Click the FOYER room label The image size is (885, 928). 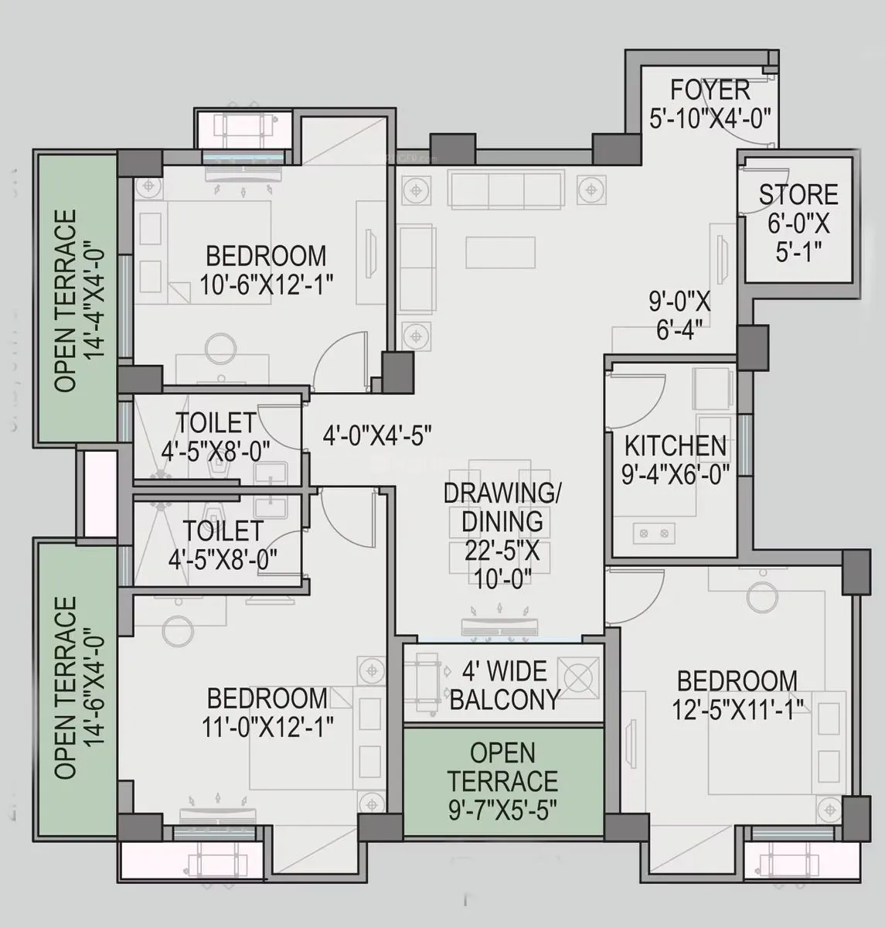710,90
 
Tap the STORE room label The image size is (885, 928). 798,195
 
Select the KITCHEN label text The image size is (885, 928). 675,446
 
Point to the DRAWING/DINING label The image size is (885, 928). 502,507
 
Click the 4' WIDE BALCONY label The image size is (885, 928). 504,685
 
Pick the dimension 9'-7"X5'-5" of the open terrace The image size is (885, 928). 502,810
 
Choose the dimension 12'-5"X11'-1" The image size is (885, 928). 737,709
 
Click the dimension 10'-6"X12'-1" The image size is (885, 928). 266,285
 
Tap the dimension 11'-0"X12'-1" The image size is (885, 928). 267,727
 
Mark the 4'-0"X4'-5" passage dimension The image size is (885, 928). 376,435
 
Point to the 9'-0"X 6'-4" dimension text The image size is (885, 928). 679,316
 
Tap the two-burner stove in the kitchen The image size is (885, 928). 654,533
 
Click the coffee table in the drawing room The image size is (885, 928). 500,253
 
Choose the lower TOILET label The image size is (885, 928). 223,531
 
